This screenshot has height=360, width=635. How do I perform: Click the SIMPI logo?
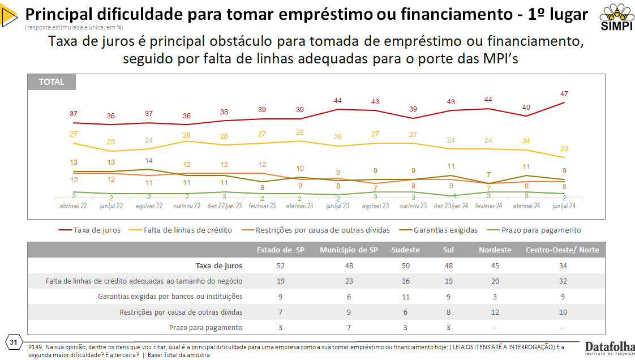613,17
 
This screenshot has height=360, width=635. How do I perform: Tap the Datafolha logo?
610,349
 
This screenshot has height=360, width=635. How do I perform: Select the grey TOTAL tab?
52,82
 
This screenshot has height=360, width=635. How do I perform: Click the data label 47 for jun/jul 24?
564,93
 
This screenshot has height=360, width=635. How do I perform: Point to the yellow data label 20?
564,148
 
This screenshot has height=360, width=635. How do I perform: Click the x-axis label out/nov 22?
186,206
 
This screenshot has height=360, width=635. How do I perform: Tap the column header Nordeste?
495,250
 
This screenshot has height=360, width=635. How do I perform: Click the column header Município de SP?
349,250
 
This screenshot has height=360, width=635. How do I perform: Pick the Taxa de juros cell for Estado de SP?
280,265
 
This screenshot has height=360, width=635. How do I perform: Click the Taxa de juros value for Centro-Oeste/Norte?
562,265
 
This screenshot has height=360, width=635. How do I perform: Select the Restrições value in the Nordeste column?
495,312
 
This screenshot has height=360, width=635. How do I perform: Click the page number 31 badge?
13,342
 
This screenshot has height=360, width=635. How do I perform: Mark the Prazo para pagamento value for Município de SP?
349,327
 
